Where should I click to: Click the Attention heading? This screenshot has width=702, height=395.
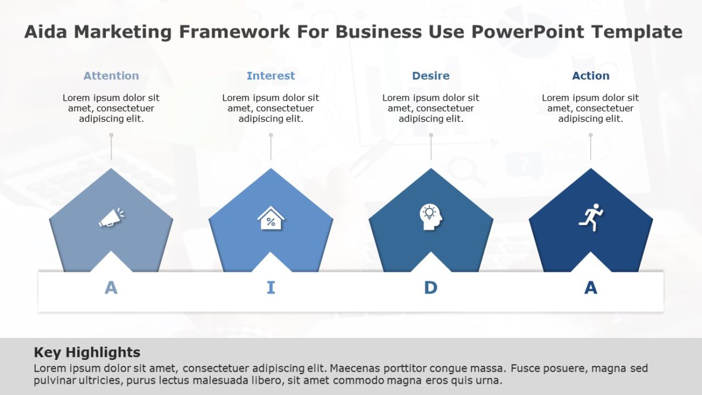click(111, 76)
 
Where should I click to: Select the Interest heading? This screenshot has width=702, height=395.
click(271, 76)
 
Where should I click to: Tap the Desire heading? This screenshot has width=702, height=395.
click(431, 76)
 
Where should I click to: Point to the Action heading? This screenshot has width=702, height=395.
click(591, 76)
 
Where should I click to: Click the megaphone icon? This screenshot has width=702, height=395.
click(111, 218)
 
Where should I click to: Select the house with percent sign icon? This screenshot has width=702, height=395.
click(271, 218)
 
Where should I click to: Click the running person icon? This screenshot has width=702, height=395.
click(591, 217)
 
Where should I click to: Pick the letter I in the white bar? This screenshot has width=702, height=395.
click(271, 288)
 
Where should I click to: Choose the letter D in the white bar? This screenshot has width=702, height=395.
click(431, 288)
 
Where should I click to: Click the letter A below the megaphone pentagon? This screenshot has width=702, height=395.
click(111, 288)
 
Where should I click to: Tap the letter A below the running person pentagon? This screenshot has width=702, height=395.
click(591, 288)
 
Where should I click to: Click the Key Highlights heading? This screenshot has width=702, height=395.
click(87, 352)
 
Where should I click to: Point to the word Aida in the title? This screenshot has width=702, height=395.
click(45, 32)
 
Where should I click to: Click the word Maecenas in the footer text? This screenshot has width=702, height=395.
click(355, 368)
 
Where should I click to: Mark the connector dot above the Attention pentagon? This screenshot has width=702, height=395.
click(111, 135)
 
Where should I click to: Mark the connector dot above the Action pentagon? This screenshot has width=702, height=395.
click(591, 135)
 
